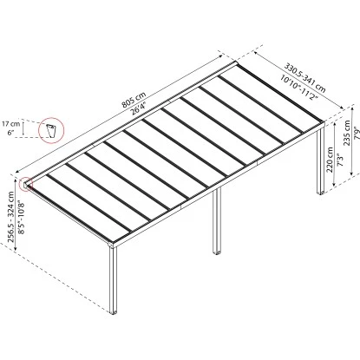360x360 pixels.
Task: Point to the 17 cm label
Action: click(x=11, y=123)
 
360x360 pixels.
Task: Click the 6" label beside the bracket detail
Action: click(x=10, y=133)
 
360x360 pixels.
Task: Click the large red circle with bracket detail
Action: click(x=52, y=131)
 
